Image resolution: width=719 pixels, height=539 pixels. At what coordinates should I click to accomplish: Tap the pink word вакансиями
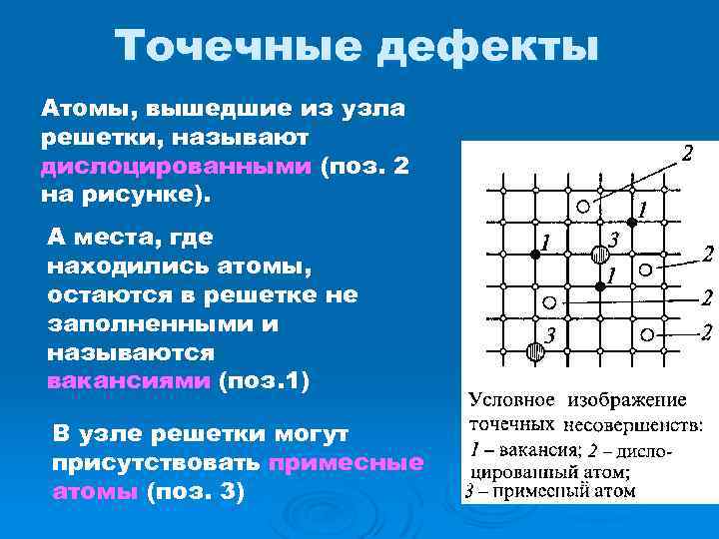129,380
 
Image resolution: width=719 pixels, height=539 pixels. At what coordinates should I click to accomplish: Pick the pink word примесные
346,462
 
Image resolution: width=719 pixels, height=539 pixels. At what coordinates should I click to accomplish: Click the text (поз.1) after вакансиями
264,380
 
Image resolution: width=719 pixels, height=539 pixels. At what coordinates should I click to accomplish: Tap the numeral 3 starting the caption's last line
469,491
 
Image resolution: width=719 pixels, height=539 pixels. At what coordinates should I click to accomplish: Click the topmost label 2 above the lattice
686,153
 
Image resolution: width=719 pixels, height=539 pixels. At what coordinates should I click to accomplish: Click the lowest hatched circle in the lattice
535,351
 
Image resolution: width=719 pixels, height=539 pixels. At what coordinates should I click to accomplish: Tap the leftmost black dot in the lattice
534,255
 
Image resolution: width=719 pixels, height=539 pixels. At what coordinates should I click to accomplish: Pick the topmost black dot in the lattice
631,222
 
